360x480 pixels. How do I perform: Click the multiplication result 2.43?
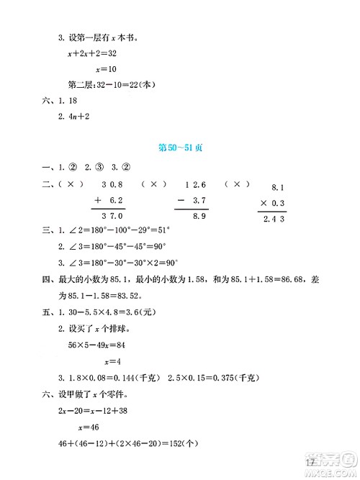click(x=274, y=219)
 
